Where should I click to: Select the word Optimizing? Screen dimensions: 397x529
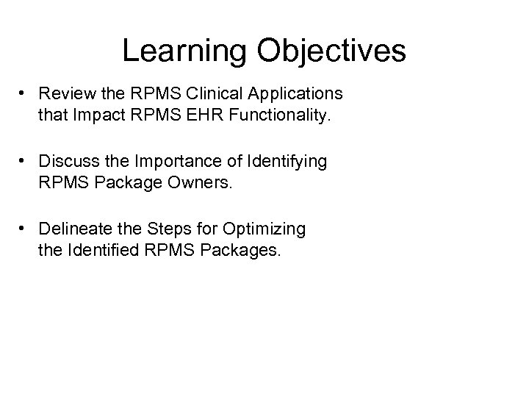[x=270, y=229]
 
